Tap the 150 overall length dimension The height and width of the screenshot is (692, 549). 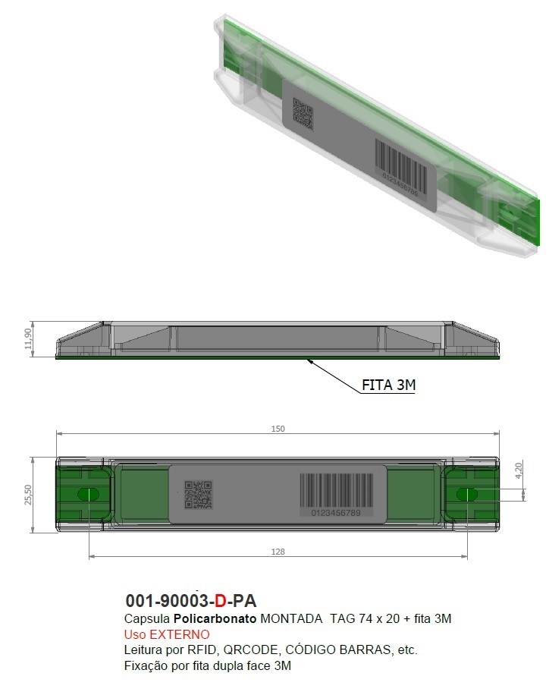(278, 429)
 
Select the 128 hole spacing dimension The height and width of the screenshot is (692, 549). (278, 552)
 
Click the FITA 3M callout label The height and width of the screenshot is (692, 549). (388, 385)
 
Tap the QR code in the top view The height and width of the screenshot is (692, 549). (199, 495)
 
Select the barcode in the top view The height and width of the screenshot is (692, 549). (336, 490)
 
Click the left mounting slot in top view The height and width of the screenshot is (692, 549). (88, 495)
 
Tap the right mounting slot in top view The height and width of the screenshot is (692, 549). (467, 495)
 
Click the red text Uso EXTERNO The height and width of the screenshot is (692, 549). (166, 634)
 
